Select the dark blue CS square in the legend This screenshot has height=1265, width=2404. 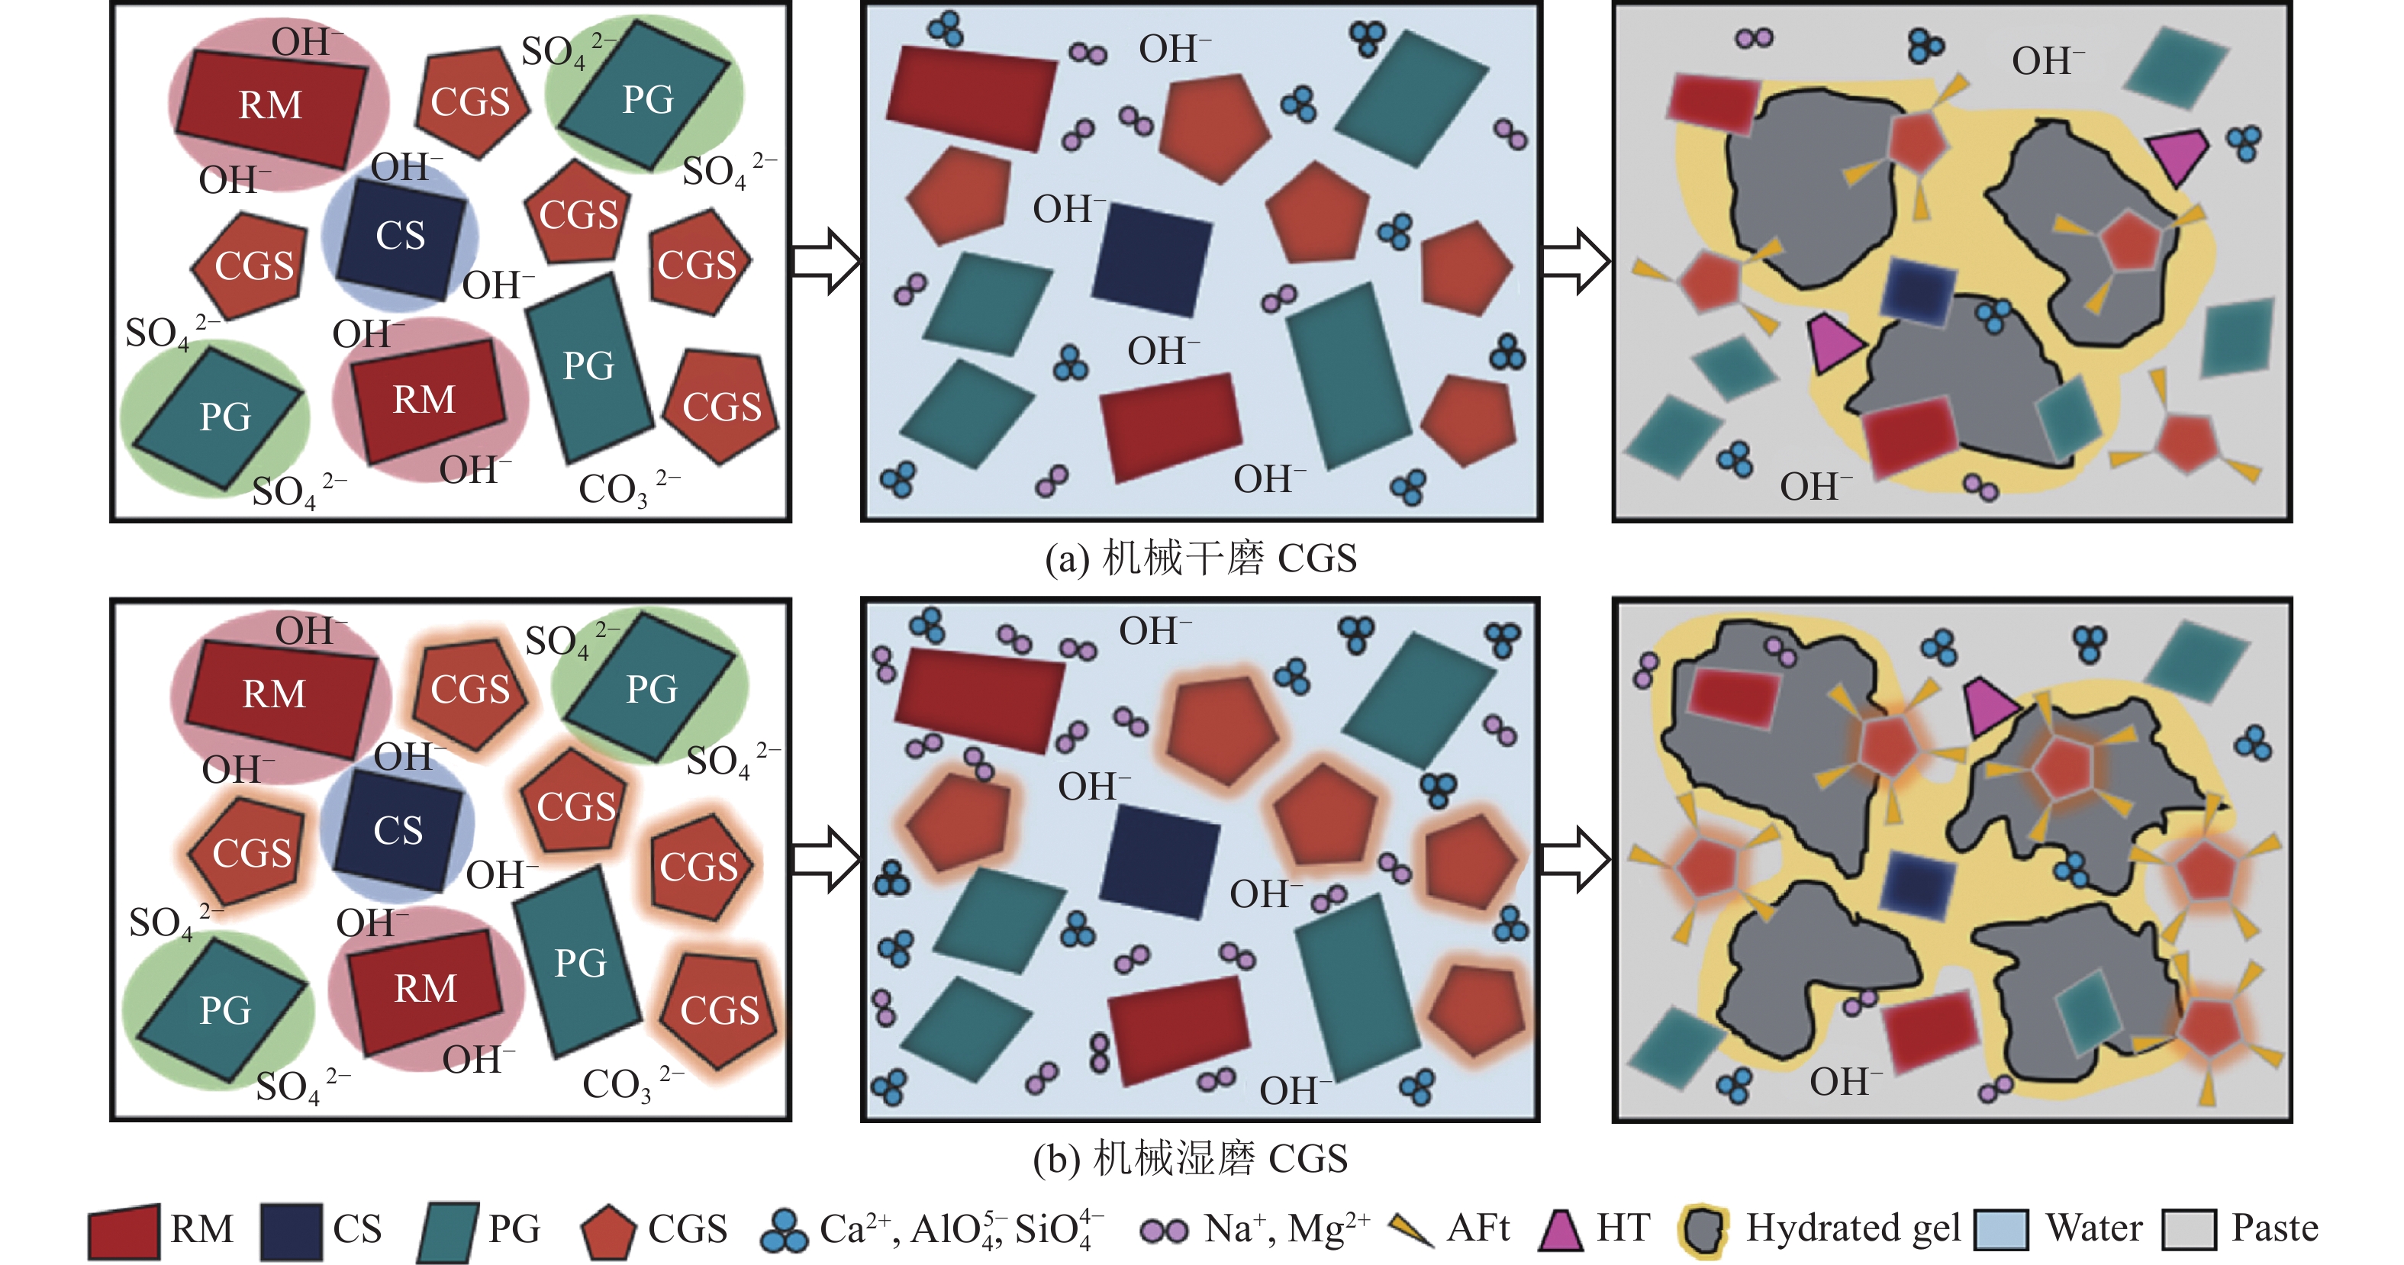click(292, 1231)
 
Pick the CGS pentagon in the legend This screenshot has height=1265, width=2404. click(607, 1232)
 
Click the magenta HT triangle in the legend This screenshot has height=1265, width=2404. click(1561, 1231)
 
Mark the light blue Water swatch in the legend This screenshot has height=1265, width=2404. click(2002, 1231)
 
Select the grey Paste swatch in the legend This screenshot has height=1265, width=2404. click(2189, 1231)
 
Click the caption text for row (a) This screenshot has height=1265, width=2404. click(1201, 558)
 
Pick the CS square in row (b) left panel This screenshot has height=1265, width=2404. click(398, 831)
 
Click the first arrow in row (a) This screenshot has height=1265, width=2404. click(825, 261)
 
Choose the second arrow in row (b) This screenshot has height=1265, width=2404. click(1574, 858)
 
